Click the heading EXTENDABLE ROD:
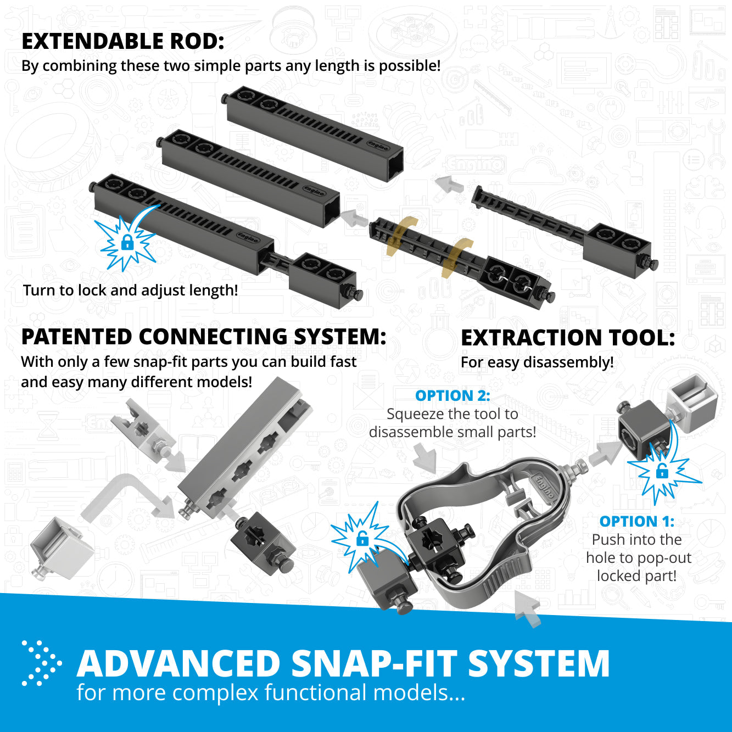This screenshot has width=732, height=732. (123, 42)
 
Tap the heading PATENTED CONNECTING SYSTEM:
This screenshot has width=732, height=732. (204, 337)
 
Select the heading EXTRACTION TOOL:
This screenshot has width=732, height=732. (568, 338)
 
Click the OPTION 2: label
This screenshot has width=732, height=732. (452, 395)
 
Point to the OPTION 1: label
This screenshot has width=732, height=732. (636, 521)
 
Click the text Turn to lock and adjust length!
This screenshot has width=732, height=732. (131, 290)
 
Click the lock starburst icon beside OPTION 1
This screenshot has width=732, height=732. (662, 471)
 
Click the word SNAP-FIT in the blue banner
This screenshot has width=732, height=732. (374, 663)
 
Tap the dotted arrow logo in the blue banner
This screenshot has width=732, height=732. (41, 663)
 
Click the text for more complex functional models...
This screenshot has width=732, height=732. (270, 693)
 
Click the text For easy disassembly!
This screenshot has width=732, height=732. (537, 362)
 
